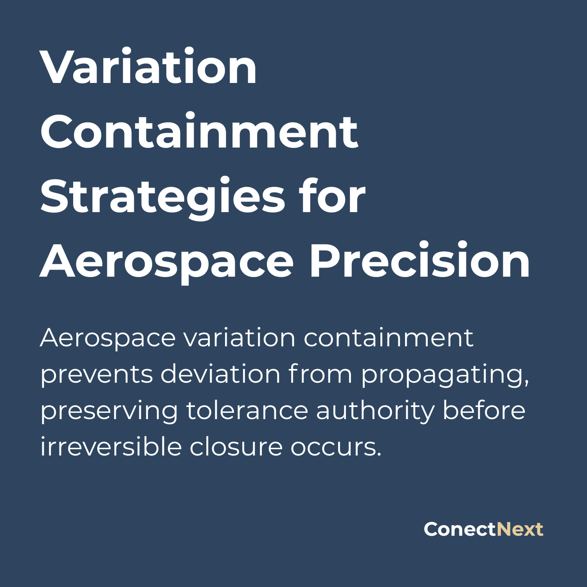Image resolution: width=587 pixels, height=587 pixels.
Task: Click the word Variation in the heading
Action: click(x=148, y=67)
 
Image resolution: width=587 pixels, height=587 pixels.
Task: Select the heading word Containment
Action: click(x=199, y=132)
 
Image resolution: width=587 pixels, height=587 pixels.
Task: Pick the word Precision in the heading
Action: click(x=420, y=261)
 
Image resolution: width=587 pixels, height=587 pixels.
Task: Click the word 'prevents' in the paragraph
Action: click(x=96, y=375)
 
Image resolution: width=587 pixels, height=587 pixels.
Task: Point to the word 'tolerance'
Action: click(x=247, y=411)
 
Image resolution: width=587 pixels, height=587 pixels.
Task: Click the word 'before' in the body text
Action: click(x=484, y=411)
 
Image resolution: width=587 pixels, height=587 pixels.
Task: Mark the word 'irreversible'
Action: click(x=111, y=447)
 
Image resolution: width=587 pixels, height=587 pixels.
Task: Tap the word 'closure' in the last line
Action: click(x=236, y=447)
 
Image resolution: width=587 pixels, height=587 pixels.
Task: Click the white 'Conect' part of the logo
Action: click(x=460, y=529)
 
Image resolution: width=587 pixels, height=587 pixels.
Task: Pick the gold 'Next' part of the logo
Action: click(x=520, y=529)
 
